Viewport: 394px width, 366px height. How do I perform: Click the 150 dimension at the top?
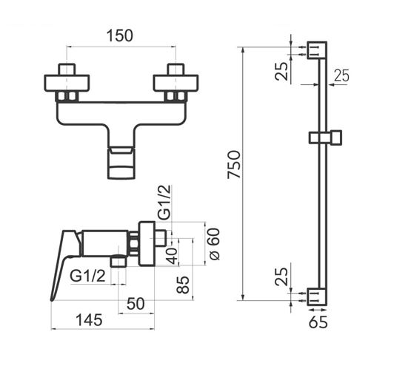pos(120,35)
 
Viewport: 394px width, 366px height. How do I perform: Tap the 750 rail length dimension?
pos(234,164)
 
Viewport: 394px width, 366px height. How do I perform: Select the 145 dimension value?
pos(89,320)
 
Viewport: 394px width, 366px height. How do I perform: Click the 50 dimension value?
pos(136,304)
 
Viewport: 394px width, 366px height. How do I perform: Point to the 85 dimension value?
pos(183,285)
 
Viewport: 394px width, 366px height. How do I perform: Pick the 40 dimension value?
pos(172,256)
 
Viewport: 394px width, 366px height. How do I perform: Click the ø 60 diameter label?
pos(213,244)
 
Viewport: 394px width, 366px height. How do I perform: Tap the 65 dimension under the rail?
pos(318,322)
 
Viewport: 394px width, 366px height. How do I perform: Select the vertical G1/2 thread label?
pos(164,202)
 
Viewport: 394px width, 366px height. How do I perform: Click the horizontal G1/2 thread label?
pos(87,277)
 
